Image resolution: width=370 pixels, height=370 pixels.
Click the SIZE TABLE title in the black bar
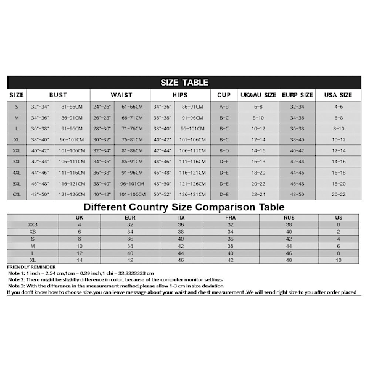click(184, 83)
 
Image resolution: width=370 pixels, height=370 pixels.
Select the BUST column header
click(58, 95)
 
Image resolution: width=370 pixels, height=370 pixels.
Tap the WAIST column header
click(121, 95)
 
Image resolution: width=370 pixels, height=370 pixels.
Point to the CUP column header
click(224, 95)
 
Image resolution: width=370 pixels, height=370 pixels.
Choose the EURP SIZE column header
click(297, 95)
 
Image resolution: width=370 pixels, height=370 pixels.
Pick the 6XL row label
click(17, 194)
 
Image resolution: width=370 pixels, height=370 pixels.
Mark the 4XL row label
click(17, 173)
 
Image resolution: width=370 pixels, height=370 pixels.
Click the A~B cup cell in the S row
click(224, 107)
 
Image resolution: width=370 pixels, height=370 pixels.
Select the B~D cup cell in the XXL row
click(224, 150)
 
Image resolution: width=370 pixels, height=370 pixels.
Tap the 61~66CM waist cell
click(132, 107)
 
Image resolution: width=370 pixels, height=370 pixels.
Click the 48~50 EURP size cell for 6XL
click(297, 194)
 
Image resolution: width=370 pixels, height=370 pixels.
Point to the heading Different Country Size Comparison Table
click(184, 207)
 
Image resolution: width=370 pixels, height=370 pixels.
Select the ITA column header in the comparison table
click(180, 218)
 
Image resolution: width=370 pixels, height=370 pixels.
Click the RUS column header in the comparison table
click(289, 218)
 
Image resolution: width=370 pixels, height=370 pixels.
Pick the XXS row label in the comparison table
click(32, 224)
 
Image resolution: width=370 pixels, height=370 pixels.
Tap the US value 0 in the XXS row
click(338, 224)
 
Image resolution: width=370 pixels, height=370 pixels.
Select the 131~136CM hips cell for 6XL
click(194, 194)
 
